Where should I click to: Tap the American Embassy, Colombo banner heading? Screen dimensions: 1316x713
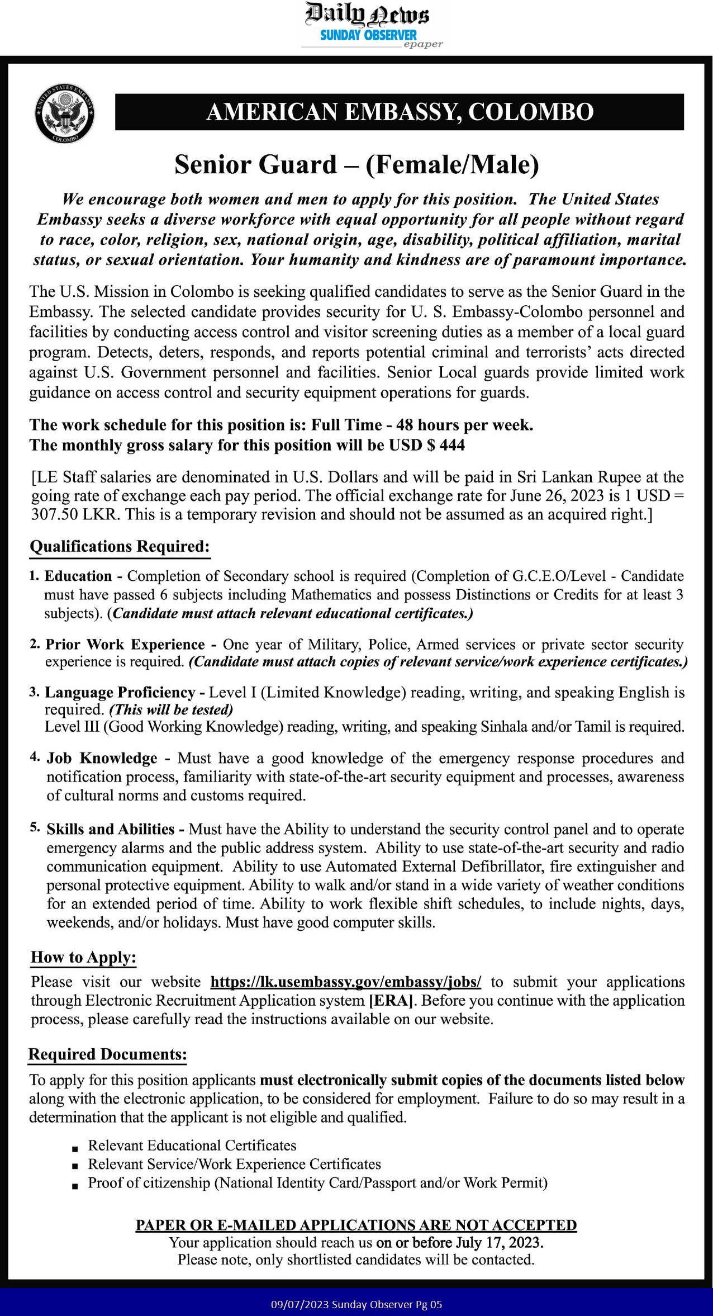tap(399, 112)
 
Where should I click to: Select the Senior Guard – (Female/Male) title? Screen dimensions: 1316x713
tap(356, 164)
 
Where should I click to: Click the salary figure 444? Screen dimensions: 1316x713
tap(453, 445)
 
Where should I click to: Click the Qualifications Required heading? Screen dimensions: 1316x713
tap(120, 546)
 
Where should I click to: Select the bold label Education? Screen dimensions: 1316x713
tap(78, 576)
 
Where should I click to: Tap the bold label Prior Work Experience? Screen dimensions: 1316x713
tap(125, 644)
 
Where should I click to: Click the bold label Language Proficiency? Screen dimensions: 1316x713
tap(120, 692)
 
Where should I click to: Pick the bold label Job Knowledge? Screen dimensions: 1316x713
tap(102, 758)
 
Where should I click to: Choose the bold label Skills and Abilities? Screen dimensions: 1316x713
tap(111, 829)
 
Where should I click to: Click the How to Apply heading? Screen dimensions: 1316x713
tap(83, 957)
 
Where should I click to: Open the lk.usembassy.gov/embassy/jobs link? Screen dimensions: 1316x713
tap(345, 982)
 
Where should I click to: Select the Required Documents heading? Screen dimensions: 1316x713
tap(107, 1054)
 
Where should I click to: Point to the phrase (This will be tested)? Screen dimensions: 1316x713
tap(170, 710)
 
